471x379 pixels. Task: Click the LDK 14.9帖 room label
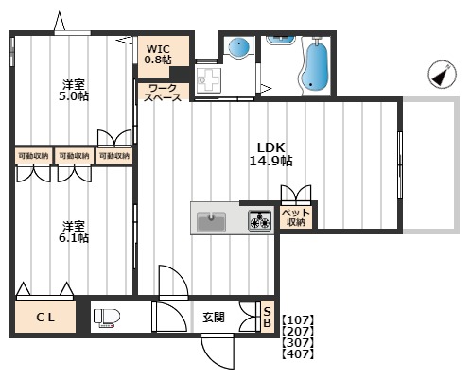[x=271, y=154]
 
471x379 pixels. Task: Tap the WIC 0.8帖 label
[x=158, y=54]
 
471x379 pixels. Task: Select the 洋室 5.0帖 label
[x=74, y=90]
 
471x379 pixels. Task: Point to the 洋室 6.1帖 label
[x=74, y=232]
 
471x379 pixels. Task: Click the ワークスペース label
[x=163, y=93]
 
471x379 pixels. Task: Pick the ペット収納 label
[x=296, y=217]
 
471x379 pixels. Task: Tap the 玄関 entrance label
[x=214, y=317]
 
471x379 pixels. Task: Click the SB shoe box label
[x=267, y=317]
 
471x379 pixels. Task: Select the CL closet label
[x=45, y=317]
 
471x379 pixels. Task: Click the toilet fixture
[x=107, y=317]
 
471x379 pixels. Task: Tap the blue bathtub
[x=315, y=65]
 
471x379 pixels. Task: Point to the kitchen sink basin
[x=211, y=221]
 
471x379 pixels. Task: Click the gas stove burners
[x=260, y=220]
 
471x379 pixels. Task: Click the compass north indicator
[x=442, y=75]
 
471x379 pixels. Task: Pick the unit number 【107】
[x=298, y=320]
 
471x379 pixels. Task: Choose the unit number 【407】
[x=298, y=354]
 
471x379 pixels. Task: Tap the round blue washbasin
[x=238, y=47]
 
